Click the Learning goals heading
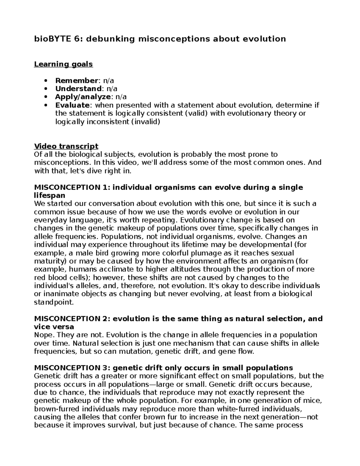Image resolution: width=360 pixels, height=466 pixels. (63, 64)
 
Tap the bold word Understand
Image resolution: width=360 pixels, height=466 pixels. (78, 89)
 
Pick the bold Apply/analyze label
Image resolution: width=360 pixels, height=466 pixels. (83, 97)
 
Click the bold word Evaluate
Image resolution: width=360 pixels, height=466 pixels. (72, 105)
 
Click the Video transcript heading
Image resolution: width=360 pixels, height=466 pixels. (66, 146)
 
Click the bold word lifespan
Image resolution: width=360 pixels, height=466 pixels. (50, 195)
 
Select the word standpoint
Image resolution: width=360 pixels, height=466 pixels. (54, 302)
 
